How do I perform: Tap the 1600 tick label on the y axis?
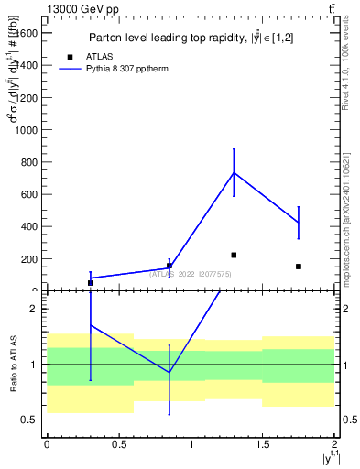[27, 33]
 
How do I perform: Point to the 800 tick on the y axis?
[29, 162]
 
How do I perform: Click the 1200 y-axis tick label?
[27, 98]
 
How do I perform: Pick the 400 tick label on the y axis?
[29, 226]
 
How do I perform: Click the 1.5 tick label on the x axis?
[263, 444]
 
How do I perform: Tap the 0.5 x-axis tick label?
[118, 444]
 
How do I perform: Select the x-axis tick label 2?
[334, 444]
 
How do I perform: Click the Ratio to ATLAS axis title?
[15, 364]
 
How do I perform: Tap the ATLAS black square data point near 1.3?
[235, 255]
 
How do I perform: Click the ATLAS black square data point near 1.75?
[299, 267]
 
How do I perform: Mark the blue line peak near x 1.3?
[235, 172]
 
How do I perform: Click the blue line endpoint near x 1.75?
[299, 223]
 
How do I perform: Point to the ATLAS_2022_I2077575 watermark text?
[191, 274]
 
